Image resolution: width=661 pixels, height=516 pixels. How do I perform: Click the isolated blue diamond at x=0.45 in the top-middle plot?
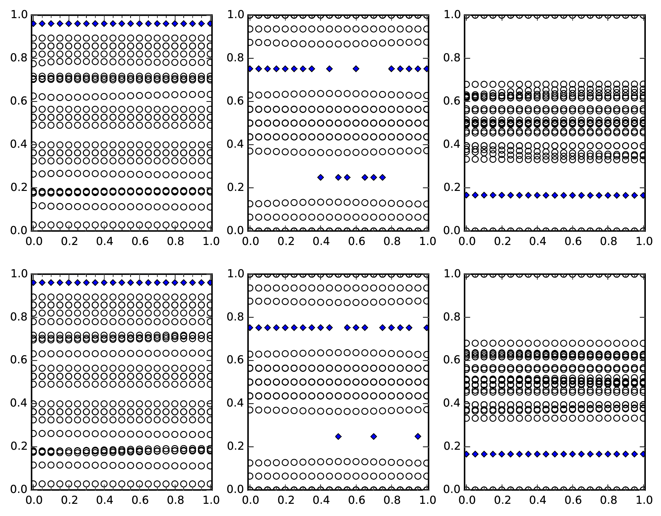pos(329,69)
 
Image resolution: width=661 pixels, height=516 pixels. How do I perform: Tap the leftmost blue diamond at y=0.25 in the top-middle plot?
pos(320,177)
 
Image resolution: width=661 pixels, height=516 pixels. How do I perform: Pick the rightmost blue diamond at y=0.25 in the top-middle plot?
pos(382,177)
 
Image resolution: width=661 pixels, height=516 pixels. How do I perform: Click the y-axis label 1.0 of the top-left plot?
pos(18,15)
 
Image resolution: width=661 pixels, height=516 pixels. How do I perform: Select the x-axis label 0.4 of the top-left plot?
pos(104,241)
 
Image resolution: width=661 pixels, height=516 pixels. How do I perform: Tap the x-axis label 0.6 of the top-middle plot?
pos(356,241)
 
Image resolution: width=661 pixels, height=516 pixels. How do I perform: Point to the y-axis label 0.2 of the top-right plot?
pos(451,187)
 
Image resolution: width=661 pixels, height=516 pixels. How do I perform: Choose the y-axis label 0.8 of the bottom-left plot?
pos(18,317)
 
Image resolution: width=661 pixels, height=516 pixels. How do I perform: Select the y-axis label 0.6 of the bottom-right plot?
pos(451,360)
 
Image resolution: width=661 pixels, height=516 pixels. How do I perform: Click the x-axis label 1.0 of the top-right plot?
pos(644,241)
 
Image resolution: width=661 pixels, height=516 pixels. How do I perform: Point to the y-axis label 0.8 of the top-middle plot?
pos(235,58)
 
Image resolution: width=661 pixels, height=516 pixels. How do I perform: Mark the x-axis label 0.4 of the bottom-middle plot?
pos(321,500)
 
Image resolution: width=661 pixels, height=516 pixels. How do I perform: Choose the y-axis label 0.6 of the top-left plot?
pos(18,101)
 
